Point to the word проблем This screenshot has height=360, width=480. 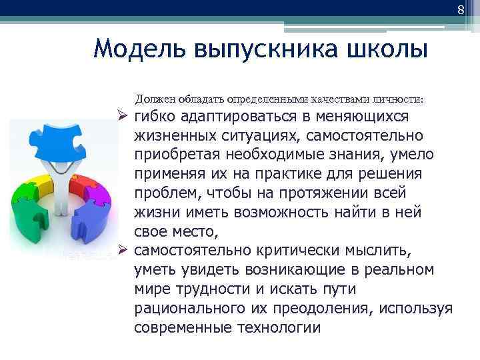pos(163,193)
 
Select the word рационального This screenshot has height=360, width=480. pos(190,309)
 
